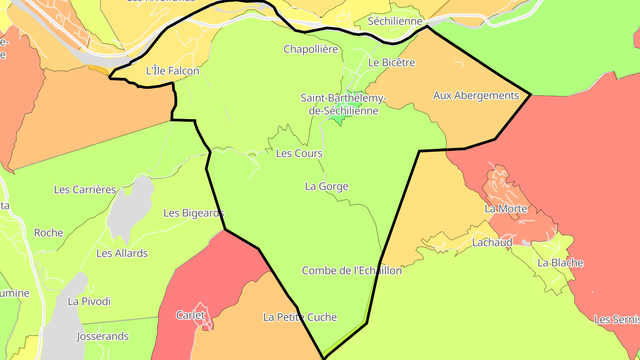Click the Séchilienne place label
(395, 21)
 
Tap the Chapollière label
(311, 49)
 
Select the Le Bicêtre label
(392, 63)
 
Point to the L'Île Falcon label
(172, 71)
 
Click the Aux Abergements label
(476, 96)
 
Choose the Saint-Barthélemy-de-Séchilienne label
(344, 104)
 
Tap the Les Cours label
(299, 153)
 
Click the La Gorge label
(327, 187)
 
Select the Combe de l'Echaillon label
(352, 271)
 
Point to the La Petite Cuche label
(300, 317)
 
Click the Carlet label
(191, 316)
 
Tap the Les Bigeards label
(194, 213)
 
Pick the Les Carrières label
(85, 190)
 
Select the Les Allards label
(122, 254)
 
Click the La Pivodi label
(89, 302)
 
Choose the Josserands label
(103, 336)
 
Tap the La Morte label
(506, 209)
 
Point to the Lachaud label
(492, 243)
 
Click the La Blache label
(560, 263)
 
